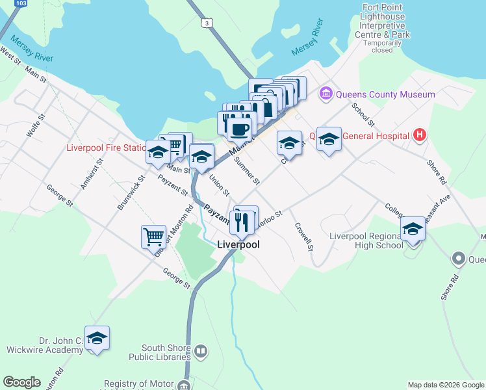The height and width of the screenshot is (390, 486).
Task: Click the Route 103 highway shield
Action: coord(21,4)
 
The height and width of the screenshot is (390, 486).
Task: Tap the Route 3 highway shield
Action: coord(207,23)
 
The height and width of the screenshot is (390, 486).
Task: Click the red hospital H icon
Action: coord(420,136)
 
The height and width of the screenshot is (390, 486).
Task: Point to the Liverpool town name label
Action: coord(238,244)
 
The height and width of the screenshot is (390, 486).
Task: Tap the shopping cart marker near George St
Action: coord(153,236)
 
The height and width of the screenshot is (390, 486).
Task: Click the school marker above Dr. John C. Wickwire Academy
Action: coord(97,338)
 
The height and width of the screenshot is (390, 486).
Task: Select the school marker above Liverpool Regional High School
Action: coord(413,229)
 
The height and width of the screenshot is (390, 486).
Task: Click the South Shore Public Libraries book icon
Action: coord(201,352)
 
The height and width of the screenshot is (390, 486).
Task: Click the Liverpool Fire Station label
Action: coord(105,148)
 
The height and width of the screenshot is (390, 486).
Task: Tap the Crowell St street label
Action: coord(304,238)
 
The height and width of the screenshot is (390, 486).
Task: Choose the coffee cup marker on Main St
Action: coord(239,128)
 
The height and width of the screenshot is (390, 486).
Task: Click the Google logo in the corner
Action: coord(21,382)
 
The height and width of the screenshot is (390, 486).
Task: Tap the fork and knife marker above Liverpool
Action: coord(241,222)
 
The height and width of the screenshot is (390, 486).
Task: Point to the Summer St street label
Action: coord(248,170)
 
